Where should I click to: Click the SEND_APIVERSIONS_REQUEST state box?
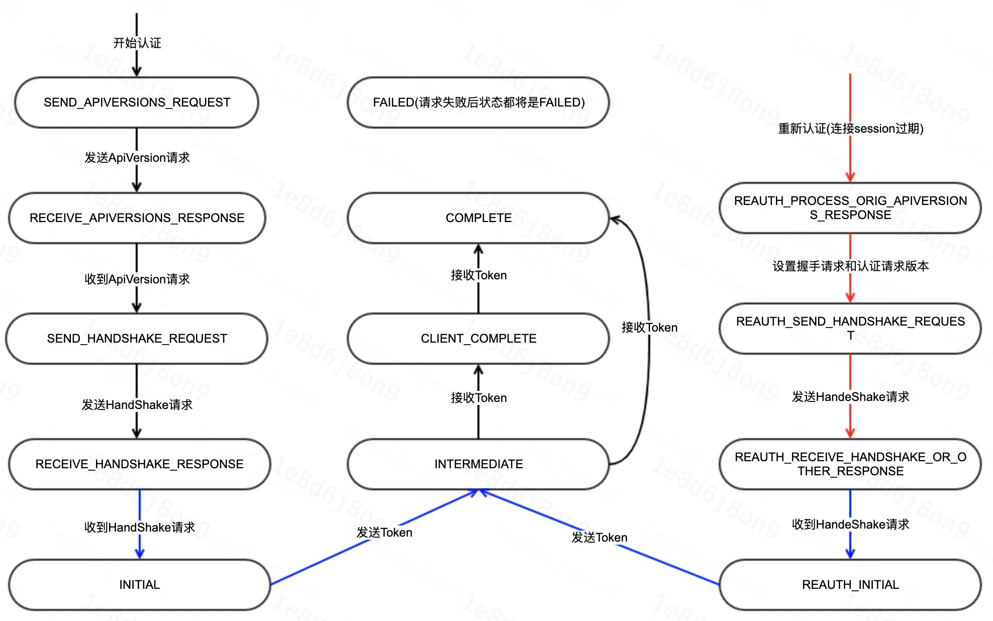(x=137, y=102)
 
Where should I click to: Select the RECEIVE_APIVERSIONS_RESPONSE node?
(x=137, y=218)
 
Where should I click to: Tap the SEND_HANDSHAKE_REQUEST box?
(x=137, y=339)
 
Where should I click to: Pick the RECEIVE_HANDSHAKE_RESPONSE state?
(x=139, y=464)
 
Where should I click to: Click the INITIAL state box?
(x=139, y=585)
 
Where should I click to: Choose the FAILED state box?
(x=478, y=102)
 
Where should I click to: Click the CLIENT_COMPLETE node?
(x=478, y=339)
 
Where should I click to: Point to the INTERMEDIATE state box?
(x=478, y=464)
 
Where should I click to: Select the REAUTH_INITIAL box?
(x=850, y=585)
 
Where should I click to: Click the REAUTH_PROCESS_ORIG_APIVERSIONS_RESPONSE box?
(x=850, y=208)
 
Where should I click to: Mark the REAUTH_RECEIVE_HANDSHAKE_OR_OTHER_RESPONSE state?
(x=850, y=464)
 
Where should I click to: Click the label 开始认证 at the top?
(x=137, y=43)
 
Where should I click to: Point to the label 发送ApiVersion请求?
(x=137, y=158)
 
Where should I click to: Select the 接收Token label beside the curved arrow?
(x=649, y=328)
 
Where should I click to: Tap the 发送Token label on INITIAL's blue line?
(x=384, y=533)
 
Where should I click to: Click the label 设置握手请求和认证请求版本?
(x=850, y=266)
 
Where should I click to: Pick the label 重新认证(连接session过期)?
(x=850, y=129)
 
